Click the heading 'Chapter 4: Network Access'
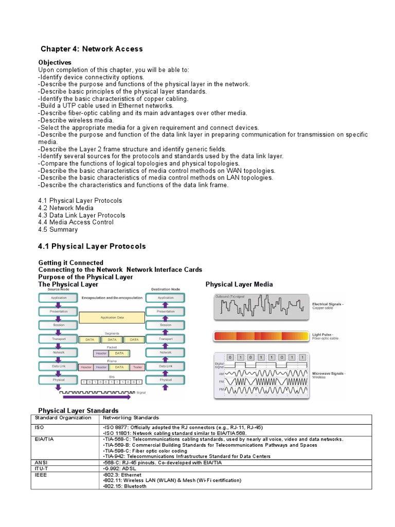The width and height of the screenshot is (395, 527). click(x=92, y=49)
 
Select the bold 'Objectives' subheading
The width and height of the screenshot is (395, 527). click(x=55, y=62)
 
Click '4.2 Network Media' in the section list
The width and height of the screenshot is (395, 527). click(x=65, y=208)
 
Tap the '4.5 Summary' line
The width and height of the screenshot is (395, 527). click(x=58, y=230)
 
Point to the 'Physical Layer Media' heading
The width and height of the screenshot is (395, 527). click(x=239, y=284)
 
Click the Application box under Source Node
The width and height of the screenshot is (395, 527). click(x=58, y=297)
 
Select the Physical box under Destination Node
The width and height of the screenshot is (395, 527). click(x=166, y=379)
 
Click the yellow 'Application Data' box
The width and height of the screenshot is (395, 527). click(x=112, y=318)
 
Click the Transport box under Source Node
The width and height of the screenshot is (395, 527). click(x=58, y=339)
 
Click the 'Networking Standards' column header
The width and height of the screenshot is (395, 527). click(x=131, y=418)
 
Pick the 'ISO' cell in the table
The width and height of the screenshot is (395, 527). click(x=40, y=427)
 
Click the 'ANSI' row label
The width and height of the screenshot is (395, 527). click(x=41, y=462)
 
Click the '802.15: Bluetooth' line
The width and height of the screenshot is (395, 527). click(x=124, y=486)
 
